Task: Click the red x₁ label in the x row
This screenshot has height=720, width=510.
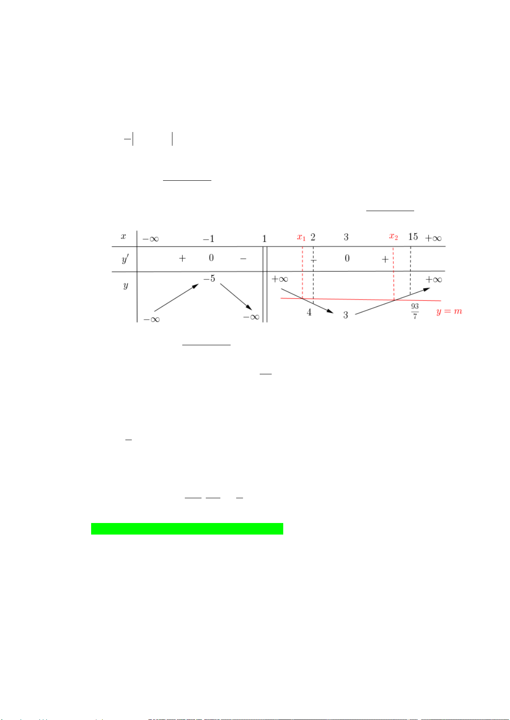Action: pyautogui.click(x=301, y=238)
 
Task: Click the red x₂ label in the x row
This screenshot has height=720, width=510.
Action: pyautogui.click(x=393, y=237)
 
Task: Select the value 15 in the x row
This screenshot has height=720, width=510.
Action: pyautogui.click(x=413, y=237)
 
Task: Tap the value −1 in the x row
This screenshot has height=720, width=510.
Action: pyautogui.click(x=208, y=239)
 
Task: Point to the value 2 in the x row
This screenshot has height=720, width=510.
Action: pyautogui.click(x=313, y=237)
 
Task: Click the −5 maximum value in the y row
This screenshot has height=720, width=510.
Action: pyautogui.click(x=209, y=278)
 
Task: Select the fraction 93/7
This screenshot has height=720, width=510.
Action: pyautogui.click(x=415, y=311)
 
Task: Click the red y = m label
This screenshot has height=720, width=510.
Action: pyautogui.click(x=449, y=312)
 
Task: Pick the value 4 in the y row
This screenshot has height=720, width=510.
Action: pyautogui.click(x=309, y=312)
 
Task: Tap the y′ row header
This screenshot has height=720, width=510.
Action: pyautogui.click(x=125, y=259)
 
